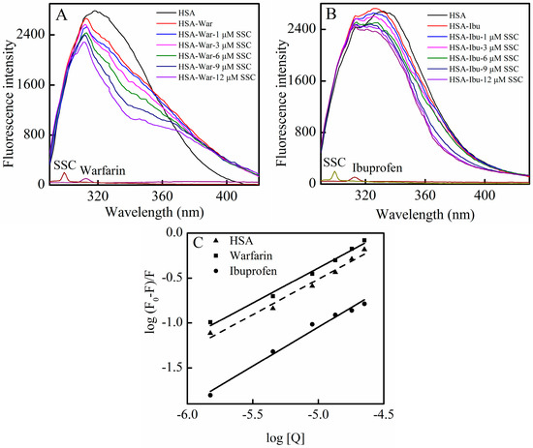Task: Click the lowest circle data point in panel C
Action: pyautogui.click(x=210, y=395)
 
